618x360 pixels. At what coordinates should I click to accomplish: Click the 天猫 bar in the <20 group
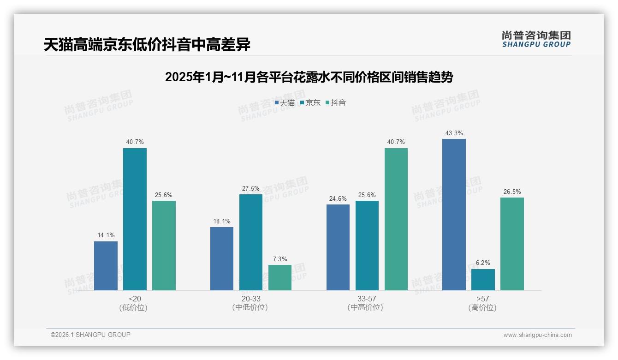(x=106, y=266)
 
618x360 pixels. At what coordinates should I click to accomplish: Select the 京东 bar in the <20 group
(x=135, y=219)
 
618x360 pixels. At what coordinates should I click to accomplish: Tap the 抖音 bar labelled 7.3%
(x=280, y=277)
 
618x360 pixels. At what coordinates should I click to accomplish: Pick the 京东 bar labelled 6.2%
(x=483, y=280)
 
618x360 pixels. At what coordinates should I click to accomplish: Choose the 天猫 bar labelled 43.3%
(x=454, y=215)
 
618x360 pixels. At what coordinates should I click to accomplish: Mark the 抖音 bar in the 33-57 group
(x=396, y=219)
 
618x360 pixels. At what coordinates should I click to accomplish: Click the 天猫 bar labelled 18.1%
(x=222, y=258)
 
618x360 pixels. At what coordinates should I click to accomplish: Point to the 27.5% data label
(x=251, y=188)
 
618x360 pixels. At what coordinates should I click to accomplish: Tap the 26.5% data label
(x=512, y=192)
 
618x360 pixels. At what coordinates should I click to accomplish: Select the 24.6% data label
(x=338, y=198)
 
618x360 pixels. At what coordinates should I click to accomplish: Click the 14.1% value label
(x=106, y=235)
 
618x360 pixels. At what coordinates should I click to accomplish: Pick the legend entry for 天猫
(x=285, y=103)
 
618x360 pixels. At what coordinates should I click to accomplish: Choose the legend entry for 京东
(x=310, y=103)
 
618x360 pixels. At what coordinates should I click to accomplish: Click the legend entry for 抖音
(x=336, y=103)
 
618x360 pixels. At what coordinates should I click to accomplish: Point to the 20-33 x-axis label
(x=251, y=299)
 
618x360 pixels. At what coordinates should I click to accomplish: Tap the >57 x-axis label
(x=483, y=299)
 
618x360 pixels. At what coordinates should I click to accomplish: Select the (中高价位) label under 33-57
(x=367, y=307)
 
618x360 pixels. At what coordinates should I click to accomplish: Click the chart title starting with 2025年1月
(x=309, y=77)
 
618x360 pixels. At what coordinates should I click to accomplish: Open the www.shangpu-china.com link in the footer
(x=537, y=335)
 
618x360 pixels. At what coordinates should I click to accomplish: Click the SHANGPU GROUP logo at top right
(x=536, y=39)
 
